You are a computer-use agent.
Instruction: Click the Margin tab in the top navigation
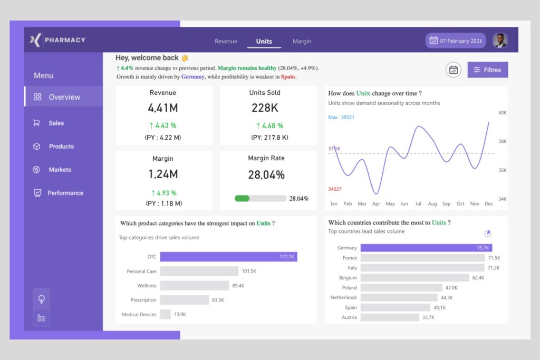(x=302, y=41)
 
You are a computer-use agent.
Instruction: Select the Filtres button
(x=487, y=70)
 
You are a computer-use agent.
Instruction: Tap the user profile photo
(x=500, y=41)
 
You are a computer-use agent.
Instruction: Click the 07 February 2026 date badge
(x=457, y=41)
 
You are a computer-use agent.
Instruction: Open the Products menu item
(x=61, y=147)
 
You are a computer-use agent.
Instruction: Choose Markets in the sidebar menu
(x=60, y=170)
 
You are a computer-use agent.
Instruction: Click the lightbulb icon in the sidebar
(x=42, y=299)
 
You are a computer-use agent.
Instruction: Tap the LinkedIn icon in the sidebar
(x=42, y=317)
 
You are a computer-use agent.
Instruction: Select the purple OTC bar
(x=228, y=257)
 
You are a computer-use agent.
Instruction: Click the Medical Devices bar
(x=165, y=314)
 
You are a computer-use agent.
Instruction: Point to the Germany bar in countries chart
(x=426, y=248)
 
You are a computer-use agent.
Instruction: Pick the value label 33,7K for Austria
(x=428, y=317)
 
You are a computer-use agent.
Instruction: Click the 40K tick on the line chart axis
(x=502, y=112)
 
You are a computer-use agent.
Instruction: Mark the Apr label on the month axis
(x=376, y=203)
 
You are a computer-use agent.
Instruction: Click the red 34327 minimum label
(x=334, y=189)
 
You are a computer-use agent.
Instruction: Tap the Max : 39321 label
(x=341, y=118)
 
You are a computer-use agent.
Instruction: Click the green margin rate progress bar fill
(x=242, y=198)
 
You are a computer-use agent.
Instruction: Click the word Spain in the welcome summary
(x=288, y=76)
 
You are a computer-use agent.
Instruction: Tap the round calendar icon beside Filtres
(x=453, y=70)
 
